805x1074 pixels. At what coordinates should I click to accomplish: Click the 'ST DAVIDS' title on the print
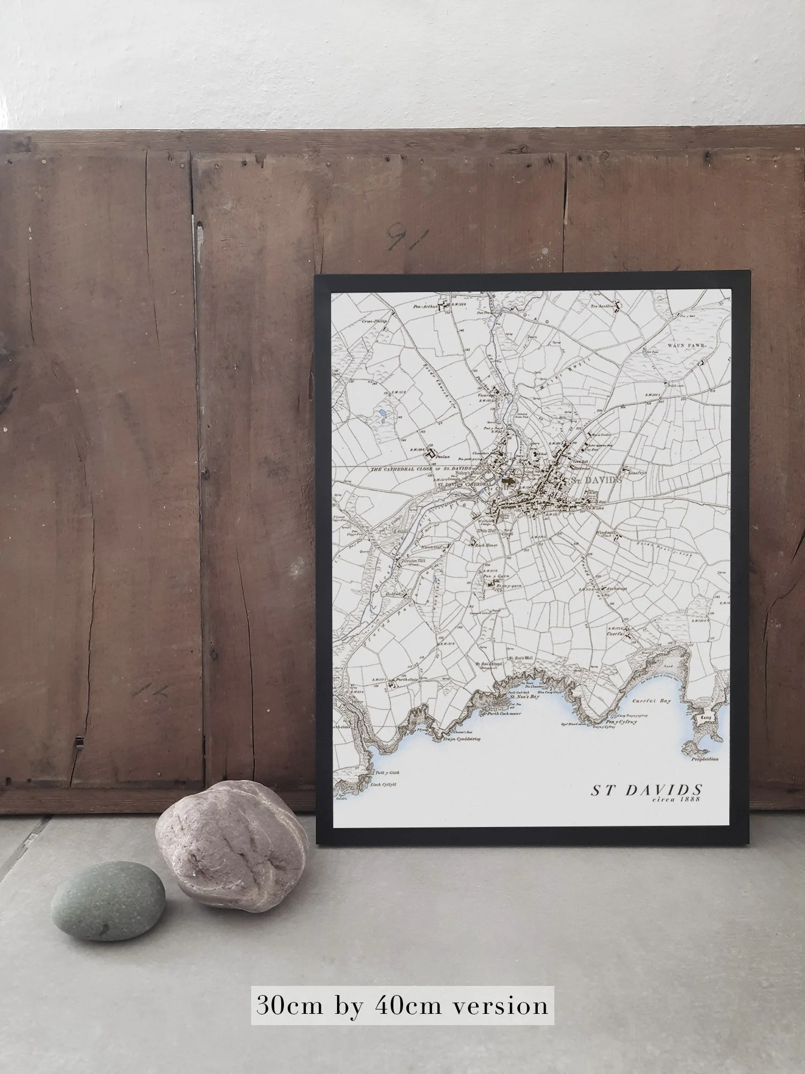pos(647,790)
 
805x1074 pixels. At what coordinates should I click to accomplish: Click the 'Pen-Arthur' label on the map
pos(423,307)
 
